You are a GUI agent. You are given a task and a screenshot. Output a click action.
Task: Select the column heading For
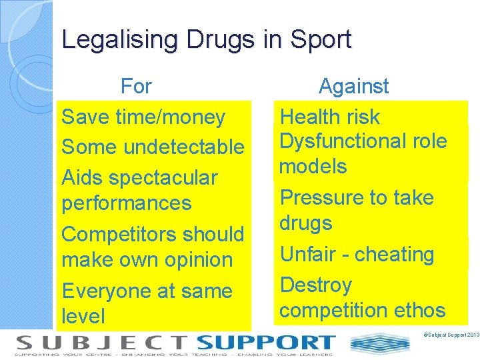(136, 86)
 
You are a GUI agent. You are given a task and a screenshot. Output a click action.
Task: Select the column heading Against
(353, 86)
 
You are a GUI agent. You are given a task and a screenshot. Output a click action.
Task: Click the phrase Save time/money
(143, 117)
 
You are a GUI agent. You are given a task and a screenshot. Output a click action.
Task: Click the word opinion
(200, 260)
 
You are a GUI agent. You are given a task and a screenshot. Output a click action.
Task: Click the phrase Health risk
(329, 117)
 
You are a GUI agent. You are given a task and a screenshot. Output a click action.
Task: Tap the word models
(313, 167)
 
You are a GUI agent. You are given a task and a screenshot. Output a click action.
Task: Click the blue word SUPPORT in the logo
(266, 343)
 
